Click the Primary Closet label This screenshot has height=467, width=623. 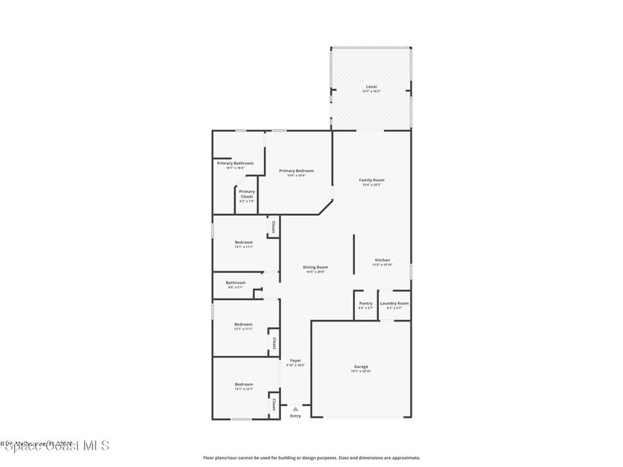click(x=246, y=194)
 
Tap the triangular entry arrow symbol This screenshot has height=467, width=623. click(x=295, y=409)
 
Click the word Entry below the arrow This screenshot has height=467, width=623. click(x=295, y=416)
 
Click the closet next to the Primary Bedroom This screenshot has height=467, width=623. click(x=273, y=227)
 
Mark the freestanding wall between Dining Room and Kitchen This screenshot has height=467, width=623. click(x=354, y=255)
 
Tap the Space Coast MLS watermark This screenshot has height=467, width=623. click(x=55, y=446)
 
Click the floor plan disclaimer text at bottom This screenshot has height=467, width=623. click(x=311, y=458)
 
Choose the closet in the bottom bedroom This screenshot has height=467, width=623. click(x=274, y=404)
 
